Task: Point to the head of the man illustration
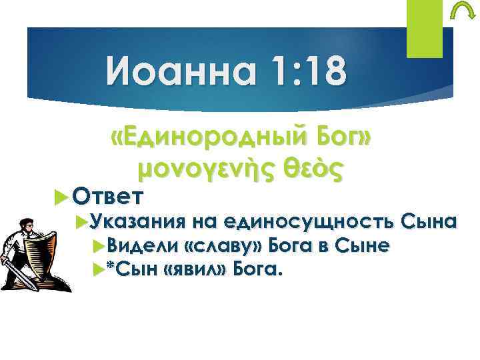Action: click(x=29, y=225)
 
